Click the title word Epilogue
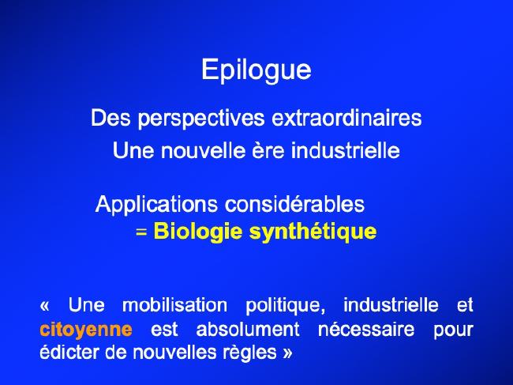[x=256, y=70]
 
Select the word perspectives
[x=201, y=119]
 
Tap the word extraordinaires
[x=346, y=118]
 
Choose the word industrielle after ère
[x=346, y=150]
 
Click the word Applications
[x=156, y=205]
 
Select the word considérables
[x=294, y=204]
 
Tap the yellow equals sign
[x=141, y=232]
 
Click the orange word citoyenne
[x=86, y=330]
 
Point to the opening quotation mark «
[x=44, y=306]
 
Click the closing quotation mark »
[x=287, y=353]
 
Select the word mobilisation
[x=174, y=305]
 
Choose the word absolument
[x=248, y=330]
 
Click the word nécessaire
[x=366, y=330]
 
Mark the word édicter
[x=69, y=353]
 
